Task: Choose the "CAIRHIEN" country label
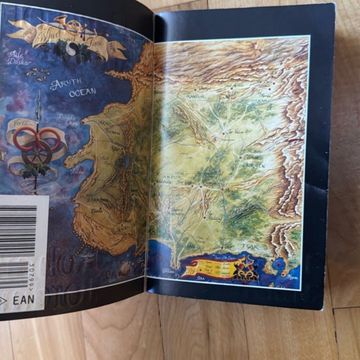click(255, 166)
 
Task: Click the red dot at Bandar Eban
click(82, 122)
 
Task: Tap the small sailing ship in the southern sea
click(124, 269)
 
